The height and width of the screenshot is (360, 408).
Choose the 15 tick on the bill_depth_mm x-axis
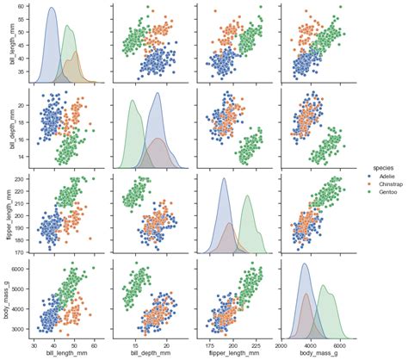click(134, 344)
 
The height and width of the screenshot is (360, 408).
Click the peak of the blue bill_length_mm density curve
click(51, 9)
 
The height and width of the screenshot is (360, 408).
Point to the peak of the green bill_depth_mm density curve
click(133, 101)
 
